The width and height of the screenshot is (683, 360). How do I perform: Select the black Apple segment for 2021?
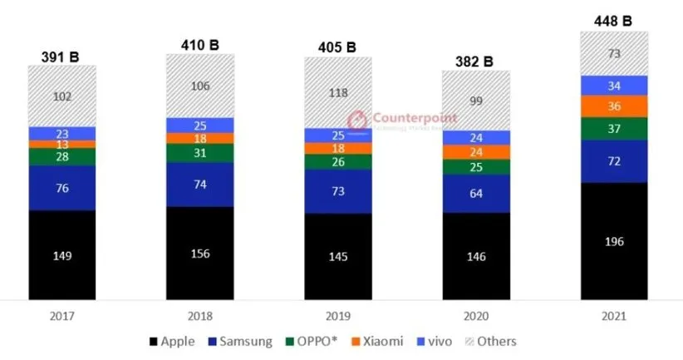click(614, 241)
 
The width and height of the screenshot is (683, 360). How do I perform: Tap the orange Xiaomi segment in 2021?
click(614, 106)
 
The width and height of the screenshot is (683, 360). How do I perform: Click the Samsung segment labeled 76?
click(62, 188)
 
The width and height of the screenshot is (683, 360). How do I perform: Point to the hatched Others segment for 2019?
click(337, 93)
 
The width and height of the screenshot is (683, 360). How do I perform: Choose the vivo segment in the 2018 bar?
click(200, 126)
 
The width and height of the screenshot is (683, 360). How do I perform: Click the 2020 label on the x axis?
click(476, 316)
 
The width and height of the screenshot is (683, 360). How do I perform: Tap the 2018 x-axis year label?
click(200, 316)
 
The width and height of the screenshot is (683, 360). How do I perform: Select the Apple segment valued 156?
click(200, 253)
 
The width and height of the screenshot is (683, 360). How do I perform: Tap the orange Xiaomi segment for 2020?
click(476, 152)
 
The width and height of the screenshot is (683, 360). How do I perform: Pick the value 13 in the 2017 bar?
click(62, 145)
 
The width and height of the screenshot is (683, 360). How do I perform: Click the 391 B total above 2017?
click(62, 57)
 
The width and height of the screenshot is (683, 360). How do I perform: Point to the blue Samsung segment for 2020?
click(476, 194)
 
